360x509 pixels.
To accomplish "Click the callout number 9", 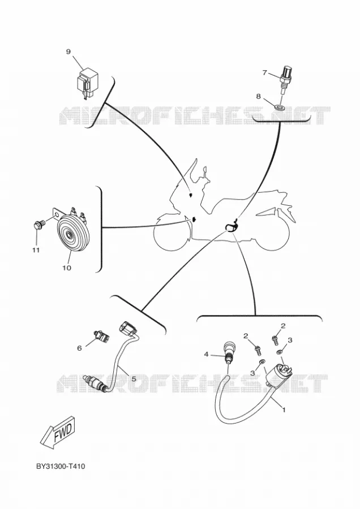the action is click(68, 52).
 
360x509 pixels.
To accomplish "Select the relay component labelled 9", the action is click(86, 83).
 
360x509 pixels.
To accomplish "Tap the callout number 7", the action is click(265, 73).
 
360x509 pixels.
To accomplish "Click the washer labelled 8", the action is click(280, 106).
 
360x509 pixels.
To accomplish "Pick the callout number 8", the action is click(258, 96).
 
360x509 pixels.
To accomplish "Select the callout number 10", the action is click(67, 268).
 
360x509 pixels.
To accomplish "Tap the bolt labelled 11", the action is click(38, 225).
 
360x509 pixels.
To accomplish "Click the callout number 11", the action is click(36, 250).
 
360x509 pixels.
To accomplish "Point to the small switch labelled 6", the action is click(101, 335).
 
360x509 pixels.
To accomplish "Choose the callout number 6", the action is click(79, 348).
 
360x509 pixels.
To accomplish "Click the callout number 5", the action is click(134, 378).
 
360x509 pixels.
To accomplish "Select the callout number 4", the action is click(206, 354).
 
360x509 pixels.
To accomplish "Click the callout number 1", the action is click(284, 410).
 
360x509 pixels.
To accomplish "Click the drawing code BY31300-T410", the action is click(61, 467).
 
